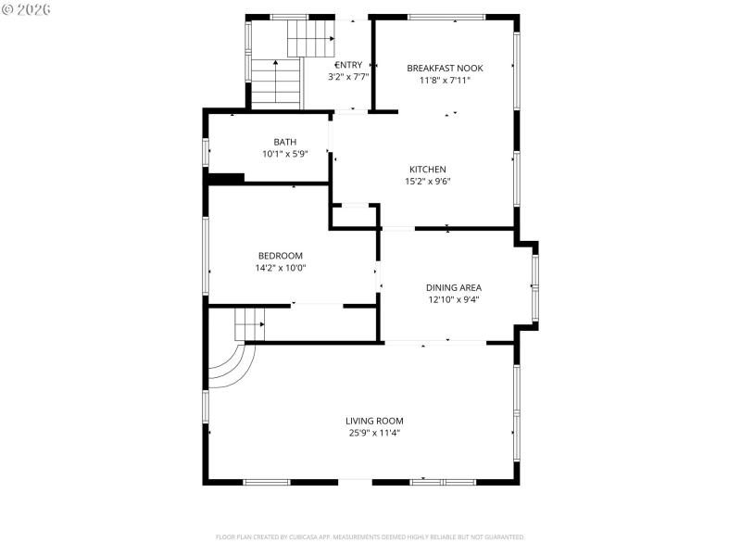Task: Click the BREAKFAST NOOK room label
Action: (445, 68)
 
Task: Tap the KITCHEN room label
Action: (428, 170)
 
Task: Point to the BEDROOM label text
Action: (280, 256)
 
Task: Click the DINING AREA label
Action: (453, 287)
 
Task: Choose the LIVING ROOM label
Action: (374, 421)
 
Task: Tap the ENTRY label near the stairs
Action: (348, 65)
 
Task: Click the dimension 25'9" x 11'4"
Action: (374, 433)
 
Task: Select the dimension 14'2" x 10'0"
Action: (280, 268)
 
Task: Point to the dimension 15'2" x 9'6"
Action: (428, 182)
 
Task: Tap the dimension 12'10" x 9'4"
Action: (453, 299)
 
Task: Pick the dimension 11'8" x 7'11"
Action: (445, 80)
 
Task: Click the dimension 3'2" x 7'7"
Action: (348, 77)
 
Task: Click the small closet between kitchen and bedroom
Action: (354, 215)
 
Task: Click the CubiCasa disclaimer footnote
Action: (370, 537)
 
